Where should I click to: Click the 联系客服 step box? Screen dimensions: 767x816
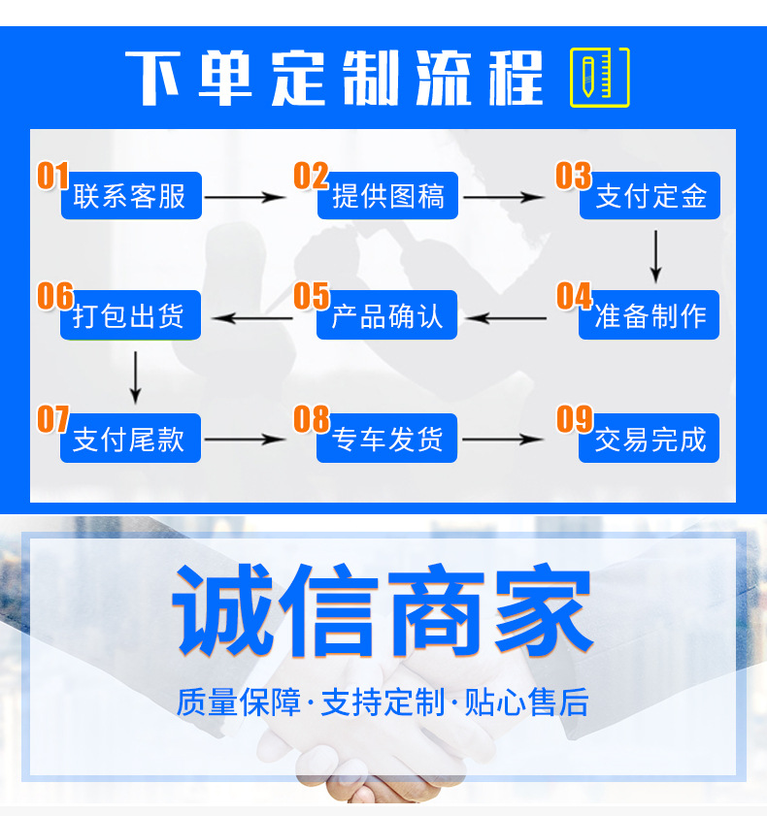click(130, 197)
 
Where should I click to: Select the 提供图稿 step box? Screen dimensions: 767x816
click(387, 197)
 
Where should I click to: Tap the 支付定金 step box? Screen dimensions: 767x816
click(650, 197)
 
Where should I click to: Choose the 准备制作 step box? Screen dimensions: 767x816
click(650, 316)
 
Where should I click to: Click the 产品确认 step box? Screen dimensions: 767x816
click(387, 316)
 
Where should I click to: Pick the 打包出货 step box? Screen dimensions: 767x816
click(130, 316)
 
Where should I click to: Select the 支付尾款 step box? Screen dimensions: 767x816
click(130, 440)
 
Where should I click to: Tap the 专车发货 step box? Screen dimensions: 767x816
click(387, 440)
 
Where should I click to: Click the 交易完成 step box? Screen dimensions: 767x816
click(650, 440)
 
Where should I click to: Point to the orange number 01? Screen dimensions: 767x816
click(53, 176)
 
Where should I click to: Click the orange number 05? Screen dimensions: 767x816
click(312, 296)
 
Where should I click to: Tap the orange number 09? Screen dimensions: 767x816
click(574, 418)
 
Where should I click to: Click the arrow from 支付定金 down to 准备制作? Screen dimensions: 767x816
click(656, 255)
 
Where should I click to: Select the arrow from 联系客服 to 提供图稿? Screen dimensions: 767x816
click(247, 197)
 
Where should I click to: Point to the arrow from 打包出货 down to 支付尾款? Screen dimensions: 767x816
click(136, 376)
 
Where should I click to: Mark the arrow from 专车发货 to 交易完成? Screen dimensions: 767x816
click(503, 440)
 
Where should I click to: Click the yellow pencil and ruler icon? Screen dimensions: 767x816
click(599, 77)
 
